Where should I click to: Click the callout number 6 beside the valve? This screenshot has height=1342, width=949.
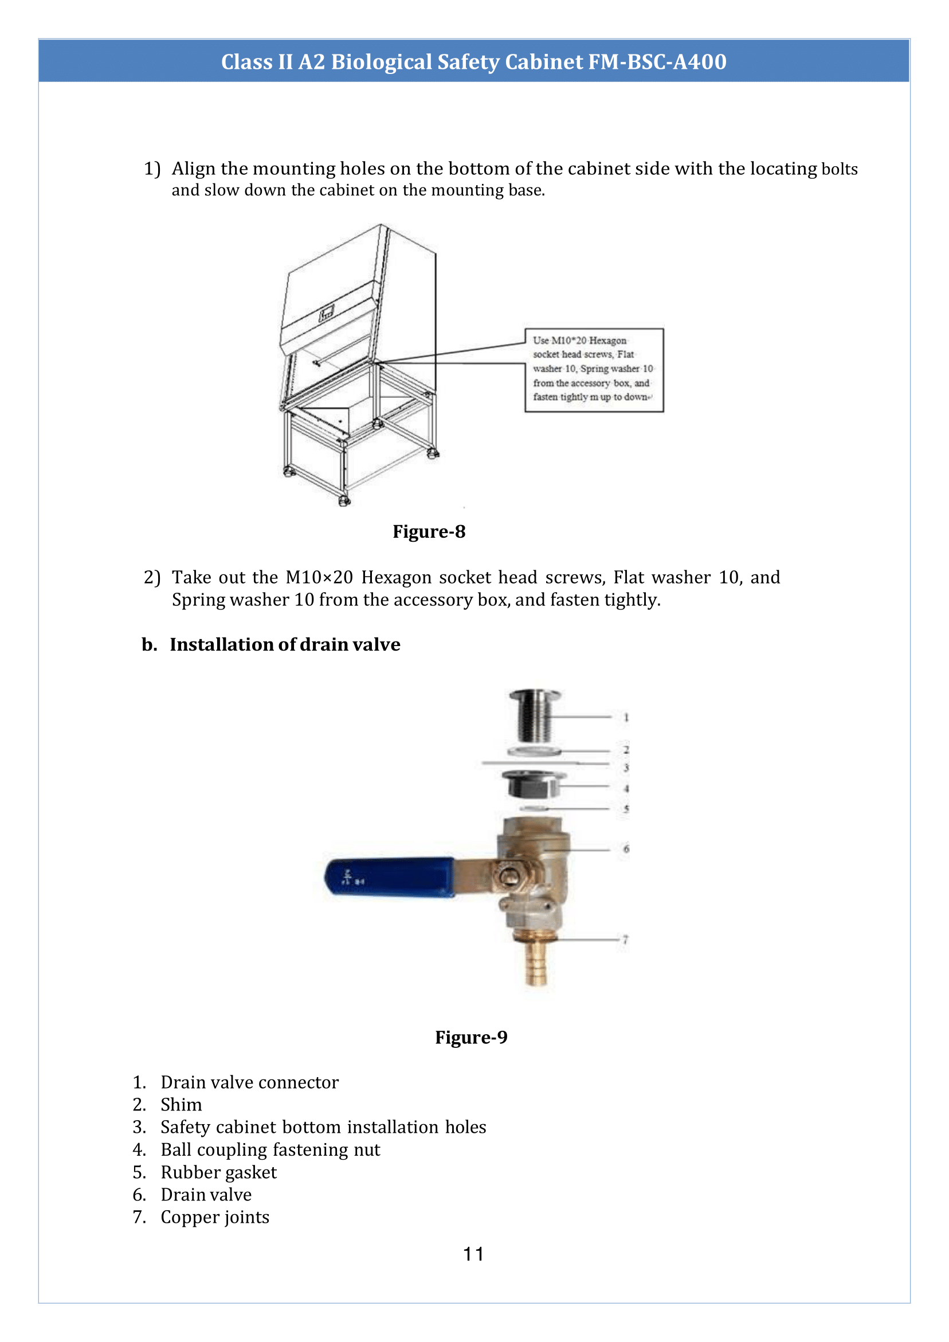point(626,848)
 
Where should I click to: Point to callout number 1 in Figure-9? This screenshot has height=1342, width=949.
point(626,717)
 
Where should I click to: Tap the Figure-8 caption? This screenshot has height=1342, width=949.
point(429,531)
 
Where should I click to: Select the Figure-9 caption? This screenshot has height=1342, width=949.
point(471,1037)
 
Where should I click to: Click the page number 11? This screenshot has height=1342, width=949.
point(473,1254)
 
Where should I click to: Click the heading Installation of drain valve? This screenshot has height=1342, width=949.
point(285,644)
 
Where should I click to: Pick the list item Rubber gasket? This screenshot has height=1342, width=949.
point(218,1172)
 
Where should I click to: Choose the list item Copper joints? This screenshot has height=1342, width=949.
point(214,1217)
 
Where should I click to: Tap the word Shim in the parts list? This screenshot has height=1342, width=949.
point(181,1105)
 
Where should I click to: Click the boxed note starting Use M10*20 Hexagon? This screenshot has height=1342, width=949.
point(594,369)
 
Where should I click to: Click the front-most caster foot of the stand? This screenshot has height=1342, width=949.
point(344,501)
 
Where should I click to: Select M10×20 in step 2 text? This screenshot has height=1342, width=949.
point(319,577)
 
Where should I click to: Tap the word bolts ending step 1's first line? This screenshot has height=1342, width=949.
point(839,170)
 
